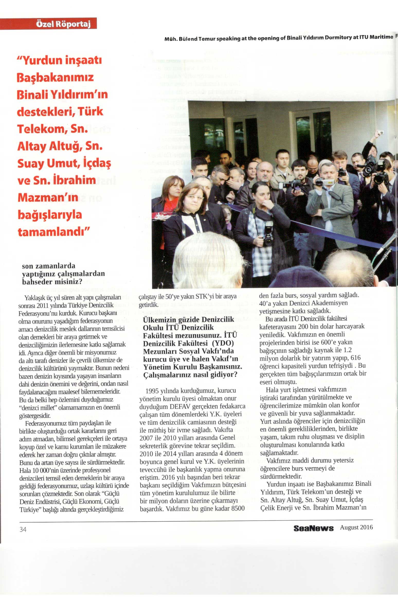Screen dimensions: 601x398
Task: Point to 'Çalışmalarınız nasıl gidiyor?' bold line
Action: tap(190, 375)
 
